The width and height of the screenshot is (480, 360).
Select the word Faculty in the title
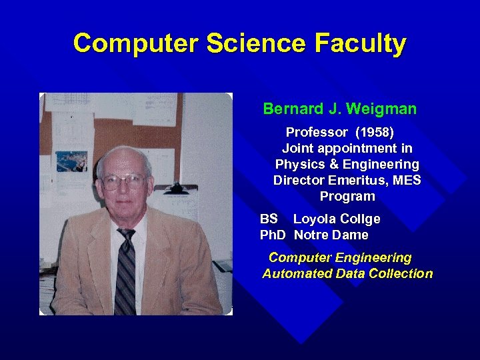[360, 43]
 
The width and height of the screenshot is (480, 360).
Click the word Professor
[317, 132]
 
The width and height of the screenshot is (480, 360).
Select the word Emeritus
[353, 180]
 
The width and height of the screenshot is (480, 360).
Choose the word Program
[347, 197]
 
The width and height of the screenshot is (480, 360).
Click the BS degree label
[269, 219]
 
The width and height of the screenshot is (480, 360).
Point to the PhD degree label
[273, 235]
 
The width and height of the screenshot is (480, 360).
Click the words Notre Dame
[331, 235]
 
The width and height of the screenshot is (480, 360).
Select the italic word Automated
[295, 273]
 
